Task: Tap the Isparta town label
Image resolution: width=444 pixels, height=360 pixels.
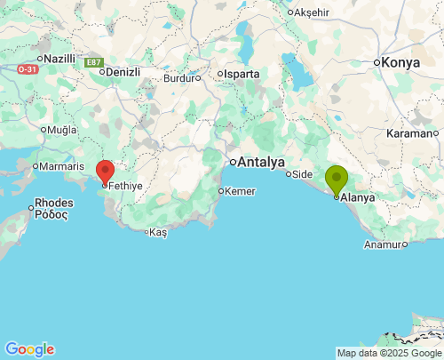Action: pyautogui.click(x=242, y=74)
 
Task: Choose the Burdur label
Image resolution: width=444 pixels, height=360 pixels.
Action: pyautogui.click(x=179, y=77)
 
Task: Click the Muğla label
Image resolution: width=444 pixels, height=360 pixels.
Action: pyautogui.click(x=62, y=129)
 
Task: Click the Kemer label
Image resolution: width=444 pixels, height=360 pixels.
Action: pyautogui.click(x=241, y=191)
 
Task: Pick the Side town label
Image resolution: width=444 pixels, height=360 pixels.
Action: pyautogui.click(x=303, y=174)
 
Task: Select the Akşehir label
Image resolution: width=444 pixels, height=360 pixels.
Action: pyautogui.click(x=311, y=12)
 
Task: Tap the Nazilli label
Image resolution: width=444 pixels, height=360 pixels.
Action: pyautogui.click(x=59, y=58)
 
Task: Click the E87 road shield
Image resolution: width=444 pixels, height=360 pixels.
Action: pyautogui.click(x=93, y=62)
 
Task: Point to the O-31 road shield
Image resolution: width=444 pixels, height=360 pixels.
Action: pyautogui.click(x=28, y=68)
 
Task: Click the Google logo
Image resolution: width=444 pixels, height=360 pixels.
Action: pyautogui.click(x=29, y=349)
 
